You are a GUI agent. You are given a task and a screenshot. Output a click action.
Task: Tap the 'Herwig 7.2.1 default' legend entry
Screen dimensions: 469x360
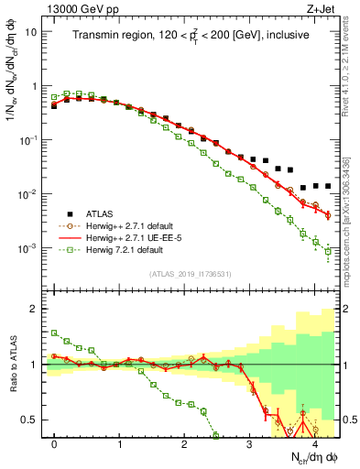127,250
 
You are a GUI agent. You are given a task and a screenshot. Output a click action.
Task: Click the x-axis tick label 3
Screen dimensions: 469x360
249,443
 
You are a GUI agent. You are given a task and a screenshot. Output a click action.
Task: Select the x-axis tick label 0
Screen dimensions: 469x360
55,443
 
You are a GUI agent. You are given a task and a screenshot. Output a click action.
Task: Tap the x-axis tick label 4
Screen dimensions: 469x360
314,443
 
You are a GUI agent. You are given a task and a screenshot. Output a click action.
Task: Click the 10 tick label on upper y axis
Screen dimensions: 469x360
31,31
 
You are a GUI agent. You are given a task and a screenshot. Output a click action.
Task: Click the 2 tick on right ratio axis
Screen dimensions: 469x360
349,309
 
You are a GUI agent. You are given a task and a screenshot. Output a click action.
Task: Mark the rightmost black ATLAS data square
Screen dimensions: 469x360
328,186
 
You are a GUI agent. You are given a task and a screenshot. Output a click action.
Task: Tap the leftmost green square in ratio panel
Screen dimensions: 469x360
55,333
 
